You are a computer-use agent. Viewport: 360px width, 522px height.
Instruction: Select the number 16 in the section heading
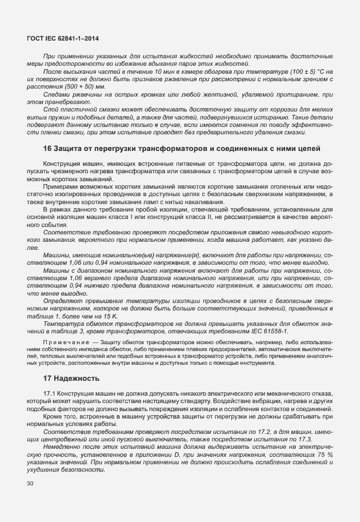click(48, 149)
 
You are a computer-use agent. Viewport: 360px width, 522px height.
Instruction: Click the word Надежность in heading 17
click(77, 378)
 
